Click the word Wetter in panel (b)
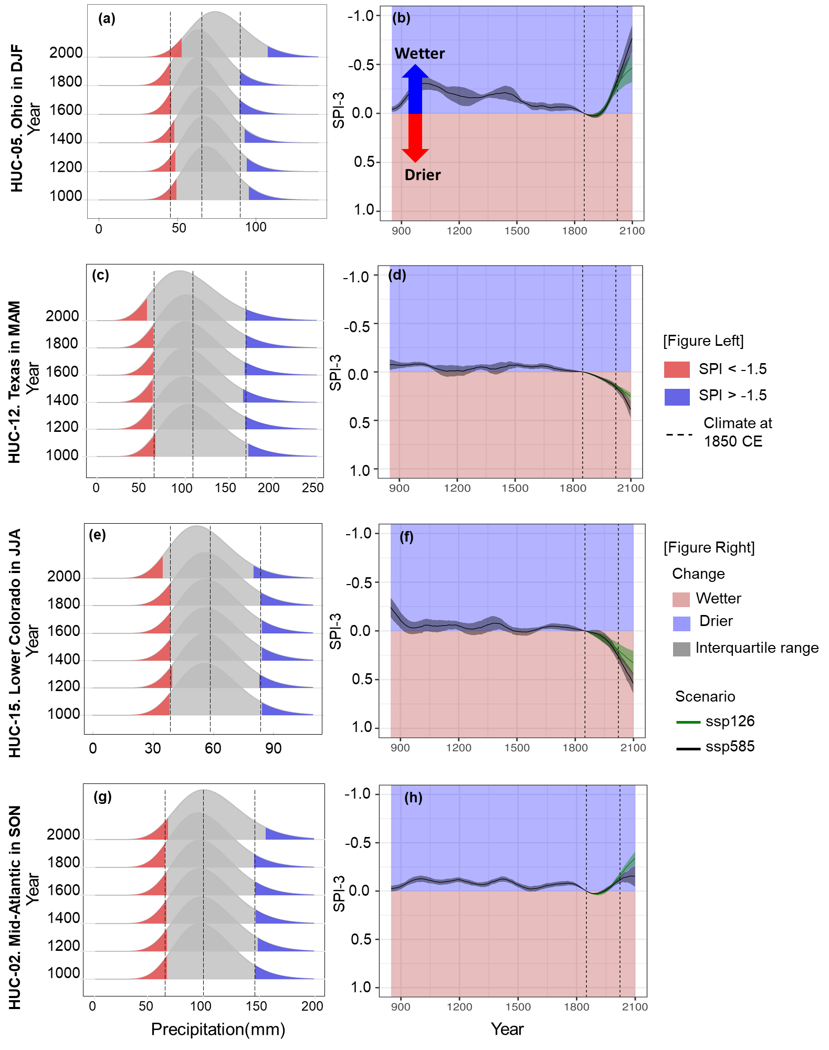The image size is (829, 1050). pos(419,54)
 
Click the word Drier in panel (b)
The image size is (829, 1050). pos(423,175)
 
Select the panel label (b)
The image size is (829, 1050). pos(401,18)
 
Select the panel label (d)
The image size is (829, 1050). pos(397,275)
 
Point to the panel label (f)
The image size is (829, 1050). pos(406,537)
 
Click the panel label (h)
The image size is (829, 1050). pos(413,798)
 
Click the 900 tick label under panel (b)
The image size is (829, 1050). pos(401,231)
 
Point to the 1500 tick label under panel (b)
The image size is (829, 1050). pos(517,231)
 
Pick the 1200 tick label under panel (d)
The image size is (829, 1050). pos(457,488)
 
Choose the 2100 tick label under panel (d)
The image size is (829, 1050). pos(631,488)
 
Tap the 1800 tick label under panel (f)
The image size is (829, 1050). pos(575,748)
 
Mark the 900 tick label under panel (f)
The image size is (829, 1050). pos(400,748)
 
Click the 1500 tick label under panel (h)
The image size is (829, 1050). pos(518,1007)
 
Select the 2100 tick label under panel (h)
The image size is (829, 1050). pos(635,1007)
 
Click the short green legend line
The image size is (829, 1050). pos(688,723)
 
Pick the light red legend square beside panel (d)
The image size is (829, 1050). pos(677,369)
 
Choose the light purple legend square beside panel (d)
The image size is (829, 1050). pos(677,397)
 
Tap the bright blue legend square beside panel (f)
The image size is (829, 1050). pos(681,624)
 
